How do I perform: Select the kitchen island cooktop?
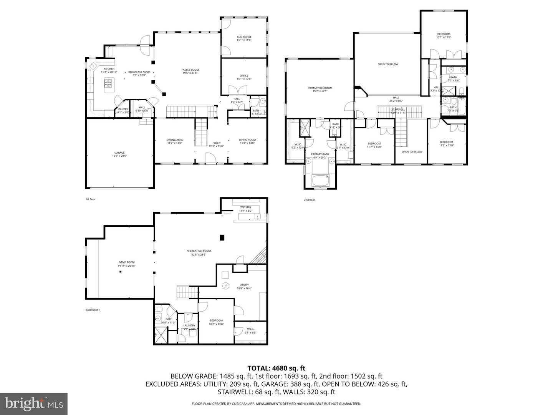[x=108, y=82]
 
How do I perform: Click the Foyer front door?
[x=210, y=158]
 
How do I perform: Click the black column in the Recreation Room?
[x=222, y=237]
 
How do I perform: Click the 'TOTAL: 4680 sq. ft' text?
[x=276, y=369]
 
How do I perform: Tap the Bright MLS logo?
[x=34, y=403]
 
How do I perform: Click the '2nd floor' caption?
[x=309, y=200]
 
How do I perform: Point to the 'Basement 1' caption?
[x=93, y=310]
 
